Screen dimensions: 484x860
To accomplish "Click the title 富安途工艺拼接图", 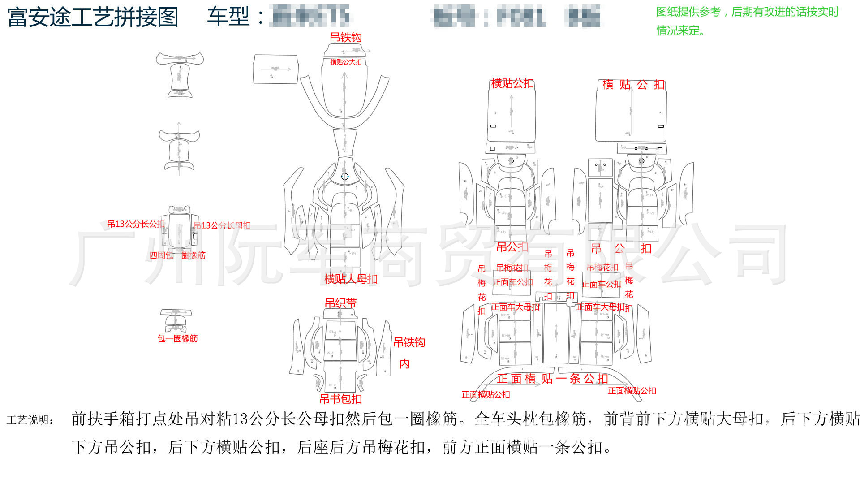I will coord(93,17).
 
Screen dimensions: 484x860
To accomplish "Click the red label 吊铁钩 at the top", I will coord(346,38).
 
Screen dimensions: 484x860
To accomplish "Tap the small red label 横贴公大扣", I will coord(345,62).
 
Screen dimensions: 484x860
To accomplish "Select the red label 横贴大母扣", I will coord(351,279).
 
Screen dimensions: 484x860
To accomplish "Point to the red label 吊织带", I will coord(340,303).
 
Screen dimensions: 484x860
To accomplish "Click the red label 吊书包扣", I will coord(340,399).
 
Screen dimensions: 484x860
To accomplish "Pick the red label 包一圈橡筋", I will coord(177,338).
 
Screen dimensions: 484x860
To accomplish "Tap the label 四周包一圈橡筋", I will coord(177,255).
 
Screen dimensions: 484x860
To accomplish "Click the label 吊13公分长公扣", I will coord(136,224).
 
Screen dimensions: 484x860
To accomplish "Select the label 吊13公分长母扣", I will coord(222,225).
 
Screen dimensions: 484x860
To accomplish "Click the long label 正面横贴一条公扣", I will coord(552,379).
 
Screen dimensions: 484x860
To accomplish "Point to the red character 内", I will coord(404,363).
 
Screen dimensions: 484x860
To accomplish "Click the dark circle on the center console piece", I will coord(344,177).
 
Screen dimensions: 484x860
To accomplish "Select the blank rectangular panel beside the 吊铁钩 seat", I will coord(275,69).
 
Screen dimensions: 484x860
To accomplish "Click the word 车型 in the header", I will coord(228,17).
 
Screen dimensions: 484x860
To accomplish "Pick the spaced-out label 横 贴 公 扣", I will coord(633,85).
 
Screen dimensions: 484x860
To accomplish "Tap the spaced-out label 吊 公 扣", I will coord(621,248).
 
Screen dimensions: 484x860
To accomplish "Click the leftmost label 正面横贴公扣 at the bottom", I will coord(486,394).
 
